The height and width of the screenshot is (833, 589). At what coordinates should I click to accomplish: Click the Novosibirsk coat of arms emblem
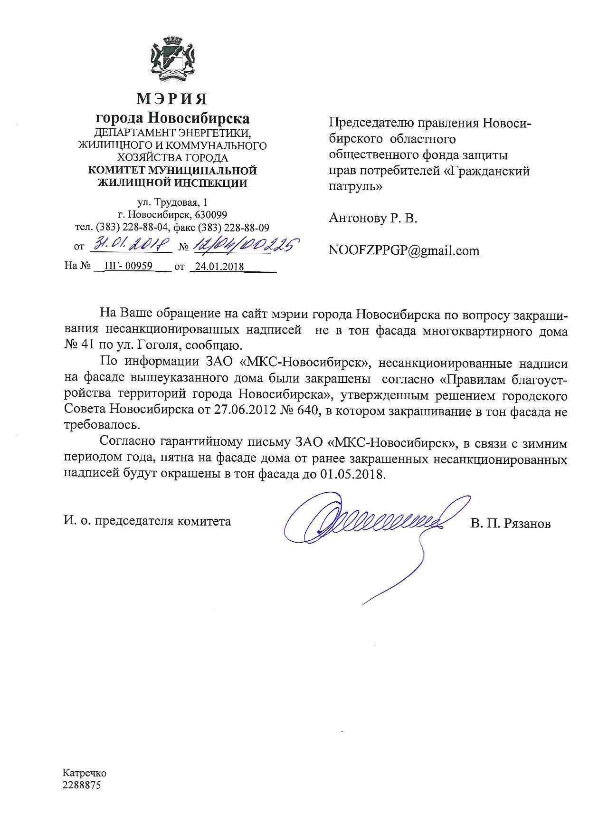(172, 60)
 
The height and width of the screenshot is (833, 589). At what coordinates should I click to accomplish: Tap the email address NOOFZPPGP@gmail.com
(404, 250)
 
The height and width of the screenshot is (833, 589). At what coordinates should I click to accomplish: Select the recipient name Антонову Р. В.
(373, 219)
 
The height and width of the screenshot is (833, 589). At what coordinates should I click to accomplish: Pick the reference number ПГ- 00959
(128, 266)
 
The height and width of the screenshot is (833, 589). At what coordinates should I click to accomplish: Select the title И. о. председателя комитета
(148, 521)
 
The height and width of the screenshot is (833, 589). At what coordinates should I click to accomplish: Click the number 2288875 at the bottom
(82, 785)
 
